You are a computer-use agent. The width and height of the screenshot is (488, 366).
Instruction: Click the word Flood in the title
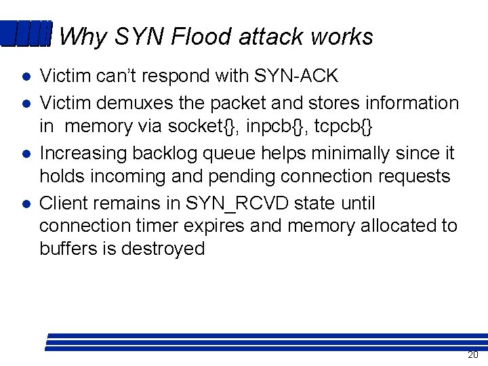pos(196,37)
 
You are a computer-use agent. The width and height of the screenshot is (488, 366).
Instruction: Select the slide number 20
pos(472,355)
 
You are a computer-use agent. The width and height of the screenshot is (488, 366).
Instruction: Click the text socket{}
pos(199,126)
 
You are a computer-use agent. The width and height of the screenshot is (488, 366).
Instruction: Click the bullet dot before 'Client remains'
pos(24,204)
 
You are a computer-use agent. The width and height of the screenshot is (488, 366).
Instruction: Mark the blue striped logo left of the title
pos(26,34)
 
